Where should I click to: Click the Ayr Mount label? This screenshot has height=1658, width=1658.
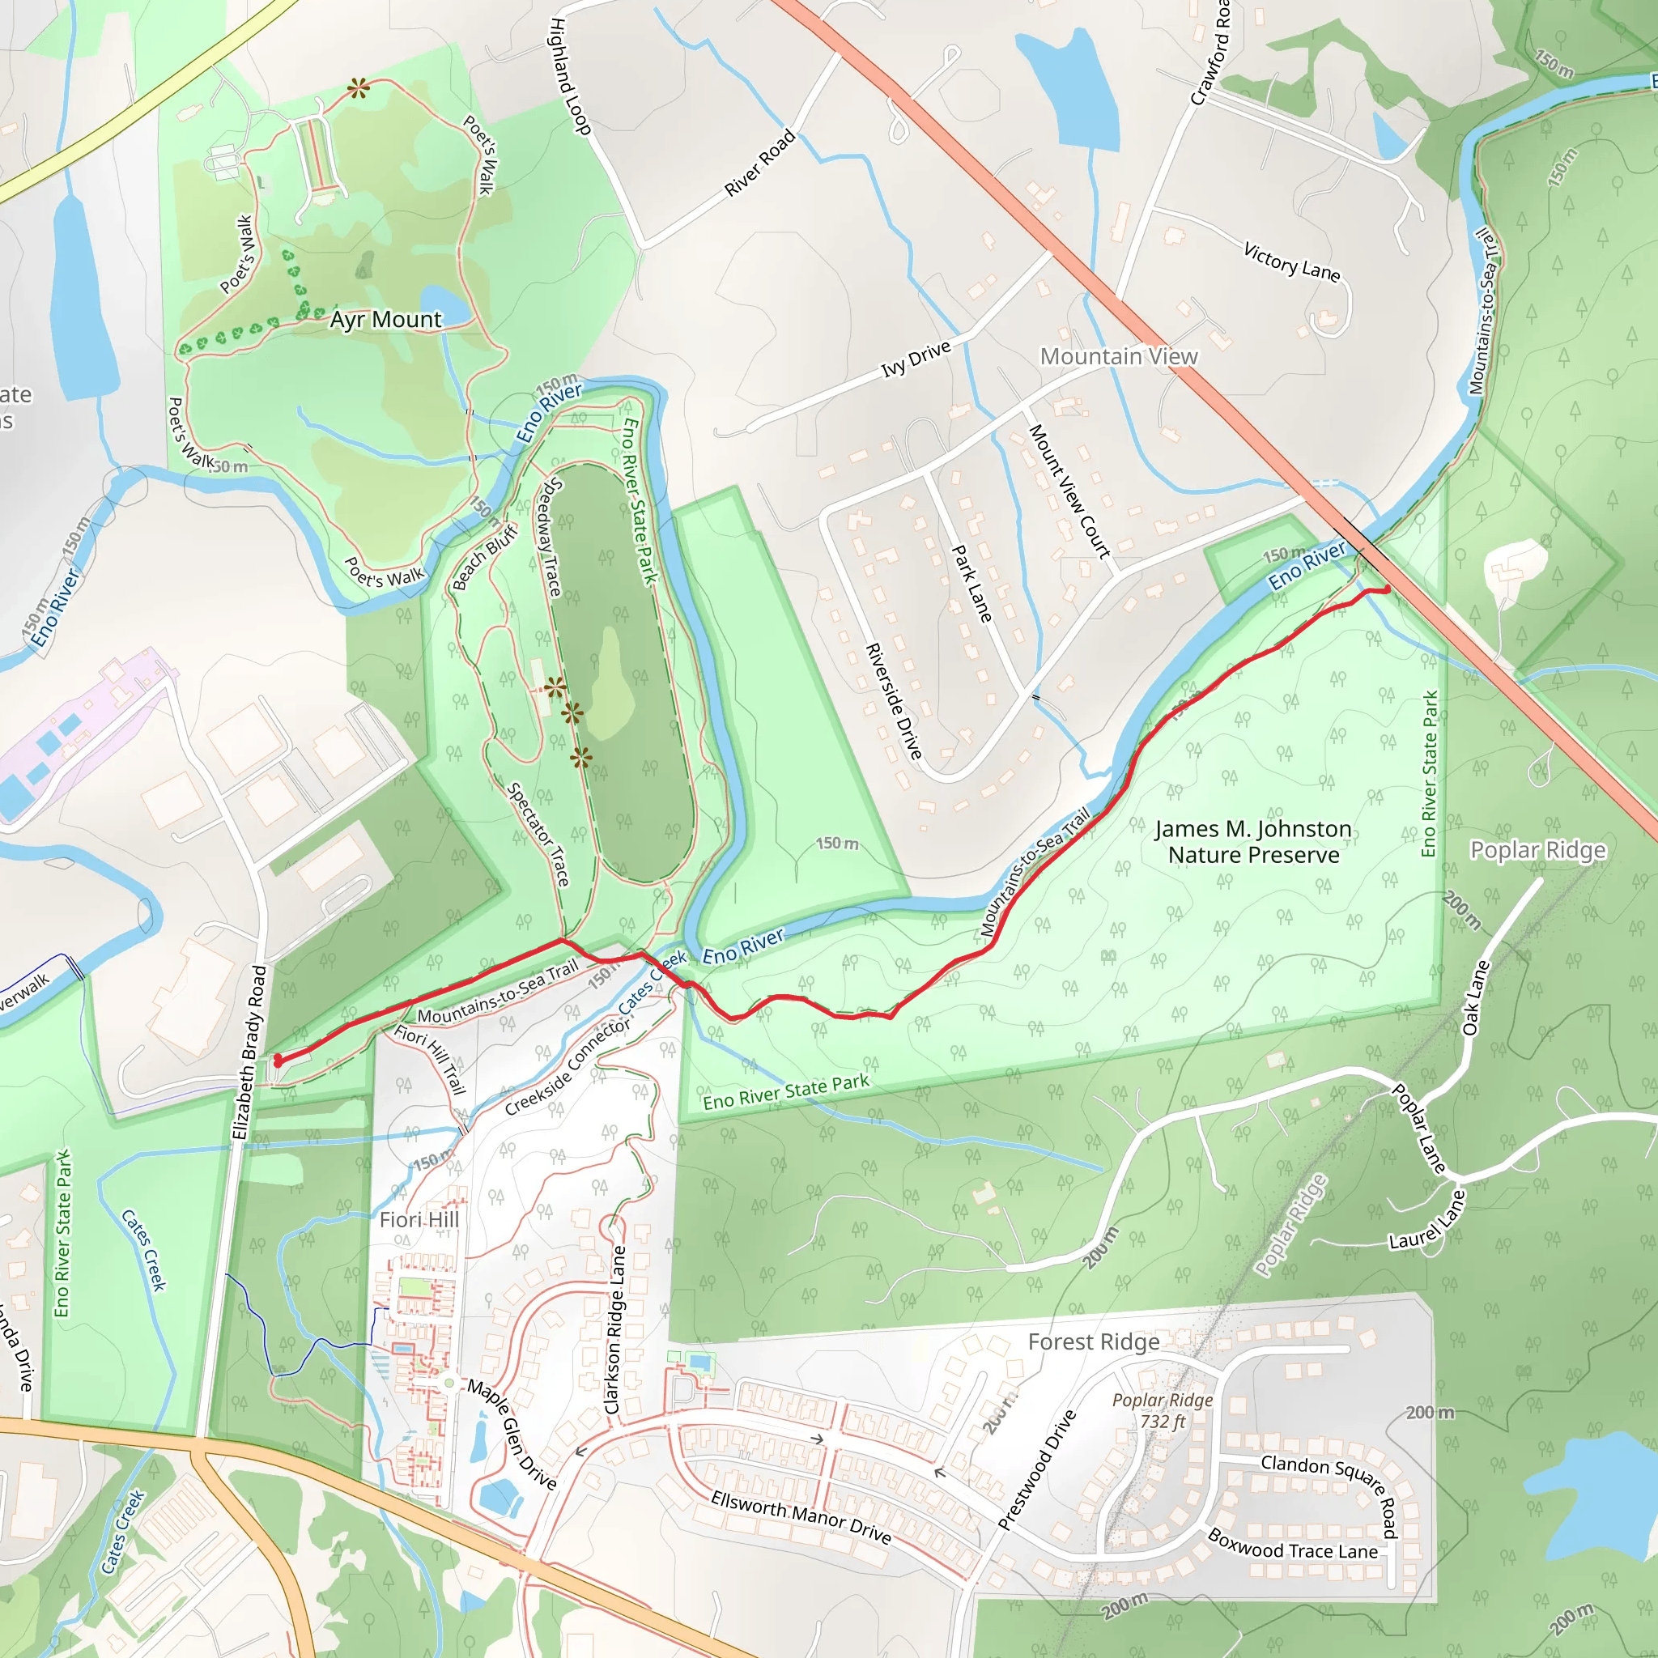click(385, 320)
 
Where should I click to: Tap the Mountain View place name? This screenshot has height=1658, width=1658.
click(1118, 356)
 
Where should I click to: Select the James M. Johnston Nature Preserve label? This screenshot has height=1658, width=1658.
click(1253, 842)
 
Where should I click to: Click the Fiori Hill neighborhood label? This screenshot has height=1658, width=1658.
click(419, 1219)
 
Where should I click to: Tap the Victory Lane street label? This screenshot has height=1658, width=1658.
click(1291, 261)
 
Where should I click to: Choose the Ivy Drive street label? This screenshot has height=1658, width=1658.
click(916, 359)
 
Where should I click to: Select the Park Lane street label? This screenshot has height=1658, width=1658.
click(972, 584)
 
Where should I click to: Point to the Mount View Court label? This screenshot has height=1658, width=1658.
click(1069, 491)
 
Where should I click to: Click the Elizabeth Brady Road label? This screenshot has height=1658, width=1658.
click(249, 1052)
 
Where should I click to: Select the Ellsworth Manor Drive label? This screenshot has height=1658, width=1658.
click(801, 1517)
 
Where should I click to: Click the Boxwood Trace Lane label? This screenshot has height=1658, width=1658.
click(1292, 1545)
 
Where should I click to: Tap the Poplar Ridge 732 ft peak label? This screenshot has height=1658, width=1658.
click(1163, 1411)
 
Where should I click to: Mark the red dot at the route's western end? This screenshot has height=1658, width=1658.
click(278, 1062)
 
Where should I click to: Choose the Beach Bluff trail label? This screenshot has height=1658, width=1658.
click(485, 558)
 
